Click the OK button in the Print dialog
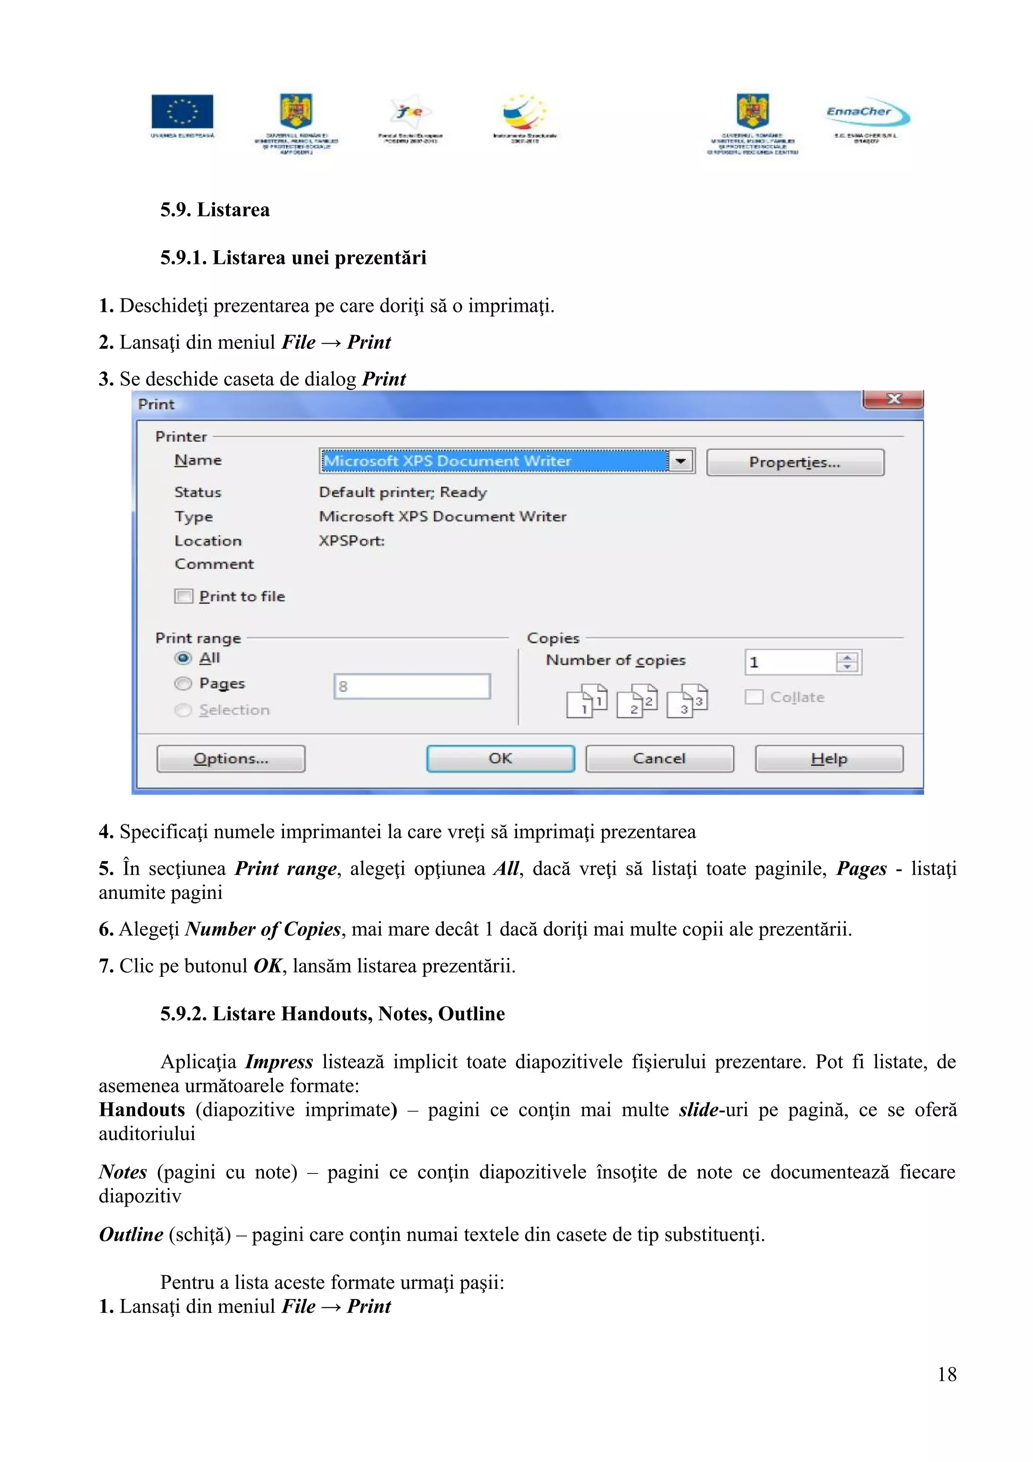click(x=500, y=758)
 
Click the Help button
click(x=829, y=758)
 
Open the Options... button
click(x=231, y=758)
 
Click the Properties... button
click(x=794, y=462)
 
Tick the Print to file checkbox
click(x=184, y=596)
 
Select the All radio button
click(x=183, y=658)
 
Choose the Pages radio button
click(x=183, y=683)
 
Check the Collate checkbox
click(x=754, y=697)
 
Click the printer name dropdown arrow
click(x=680, y=461)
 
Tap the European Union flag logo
click(x=182, y=112)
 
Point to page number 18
click(x=946, y=1374)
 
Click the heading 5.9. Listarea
click(x=215, y=209)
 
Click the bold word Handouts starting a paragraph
click(x=142, y=1110)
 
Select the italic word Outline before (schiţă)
click(x=131, y=1234)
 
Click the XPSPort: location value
click(x=352, y=541)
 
